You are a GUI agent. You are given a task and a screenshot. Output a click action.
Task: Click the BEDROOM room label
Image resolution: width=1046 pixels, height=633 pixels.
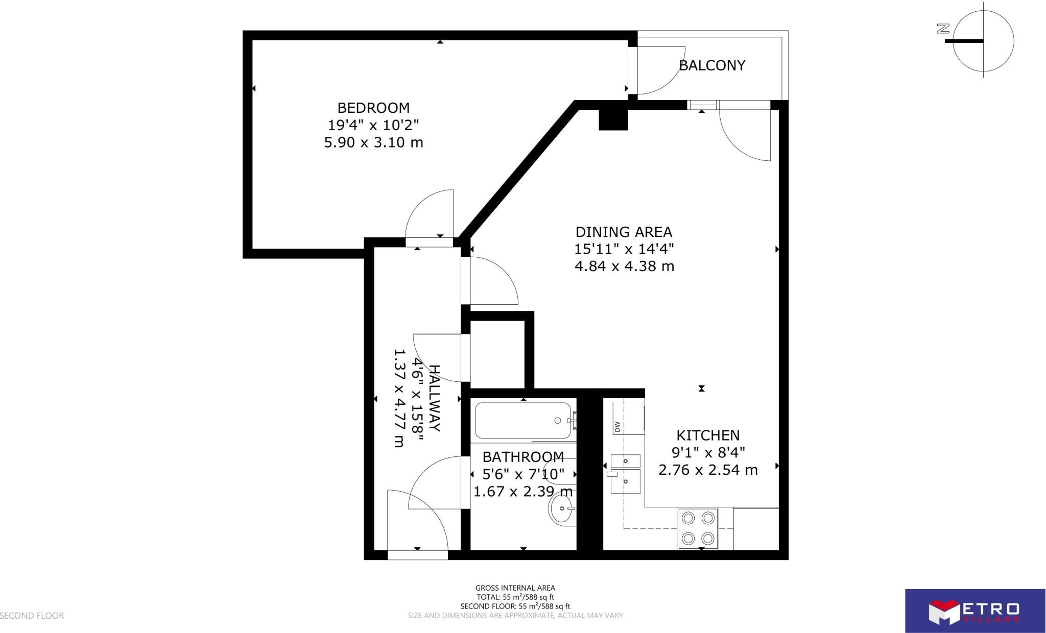click(373, 108)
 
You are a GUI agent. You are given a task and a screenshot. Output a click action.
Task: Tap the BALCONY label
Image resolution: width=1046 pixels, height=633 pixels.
click(712, 65)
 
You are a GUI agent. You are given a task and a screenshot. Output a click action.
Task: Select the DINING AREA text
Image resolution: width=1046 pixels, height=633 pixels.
click(624, 232)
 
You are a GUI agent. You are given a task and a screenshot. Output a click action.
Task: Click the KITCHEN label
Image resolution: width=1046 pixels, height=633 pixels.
click(708, 435)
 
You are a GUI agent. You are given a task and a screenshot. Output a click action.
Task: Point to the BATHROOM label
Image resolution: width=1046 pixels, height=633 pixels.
click(523, 457)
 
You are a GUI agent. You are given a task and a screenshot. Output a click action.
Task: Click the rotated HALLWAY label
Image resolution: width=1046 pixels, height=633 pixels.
click(434, 398)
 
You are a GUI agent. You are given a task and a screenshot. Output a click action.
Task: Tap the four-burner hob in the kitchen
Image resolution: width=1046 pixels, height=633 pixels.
click(698, 528)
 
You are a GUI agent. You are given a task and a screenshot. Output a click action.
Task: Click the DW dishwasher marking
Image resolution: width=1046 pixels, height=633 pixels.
click(617, 426)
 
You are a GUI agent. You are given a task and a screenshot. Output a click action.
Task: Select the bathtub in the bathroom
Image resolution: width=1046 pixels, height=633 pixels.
click(523, 421)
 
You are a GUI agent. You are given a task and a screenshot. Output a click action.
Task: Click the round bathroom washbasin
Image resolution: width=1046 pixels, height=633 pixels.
click(562, 508)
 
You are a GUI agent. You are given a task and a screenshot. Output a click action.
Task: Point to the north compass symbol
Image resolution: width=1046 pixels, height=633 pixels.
click(980, 41)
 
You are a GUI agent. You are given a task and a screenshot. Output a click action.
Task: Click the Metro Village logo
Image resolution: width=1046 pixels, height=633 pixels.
click(974, 611)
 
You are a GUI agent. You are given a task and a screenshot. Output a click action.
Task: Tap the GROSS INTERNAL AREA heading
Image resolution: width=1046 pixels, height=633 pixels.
click(515, 588)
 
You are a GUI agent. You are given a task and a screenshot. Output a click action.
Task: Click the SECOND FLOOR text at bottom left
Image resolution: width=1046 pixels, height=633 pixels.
click(32, 616)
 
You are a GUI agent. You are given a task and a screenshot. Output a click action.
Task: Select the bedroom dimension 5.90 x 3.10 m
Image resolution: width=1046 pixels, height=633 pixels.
click(373, 142)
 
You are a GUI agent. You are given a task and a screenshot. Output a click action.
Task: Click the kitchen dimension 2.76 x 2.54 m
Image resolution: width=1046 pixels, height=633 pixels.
click(708, 470)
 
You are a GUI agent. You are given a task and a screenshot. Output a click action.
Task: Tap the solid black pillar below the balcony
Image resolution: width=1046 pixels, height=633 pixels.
click(613, 119)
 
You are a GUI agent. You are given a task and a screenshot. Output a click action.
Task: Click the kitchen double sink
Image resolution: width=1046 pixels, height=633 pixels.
click(625, 475)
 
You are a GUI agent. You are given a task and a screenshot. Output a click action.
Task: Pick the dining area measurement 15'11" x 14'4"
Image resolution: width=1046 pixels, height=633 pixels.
click(624, 249)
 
